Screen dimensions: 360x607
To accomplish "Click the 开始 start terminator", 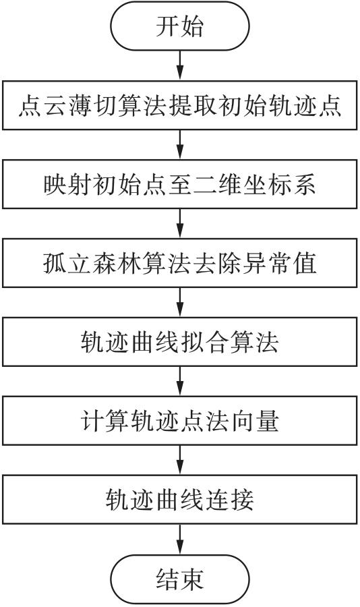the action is click(179, 26).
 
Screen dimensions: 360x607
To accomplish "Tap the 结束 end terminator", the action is click(179, 579).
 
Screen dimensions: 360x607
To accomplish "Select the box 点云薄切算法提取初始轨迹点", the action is click(179, 105).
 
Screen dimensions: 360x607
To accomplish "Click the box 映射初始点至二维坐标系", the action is click(179, 184).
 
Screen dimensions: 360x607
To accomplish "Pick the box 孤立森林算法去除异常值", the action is click(179, 263).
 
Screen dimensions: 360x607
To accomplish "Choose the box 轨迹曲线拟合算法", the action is click(179, 342).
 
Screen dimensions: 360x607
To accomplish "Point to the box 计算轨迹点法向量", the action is click(179, 421).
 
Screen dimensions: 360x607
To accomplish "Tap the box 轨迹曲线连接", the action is click(179, 500).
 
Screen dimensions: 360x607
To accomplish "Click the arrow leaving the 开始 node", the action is click(179, 66).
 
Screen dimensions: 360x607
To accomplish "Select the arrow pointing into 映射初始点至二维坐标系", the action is click(179, 145).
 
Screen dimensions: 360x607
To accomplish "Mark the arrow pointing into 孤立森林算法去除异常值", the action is click(179, 224).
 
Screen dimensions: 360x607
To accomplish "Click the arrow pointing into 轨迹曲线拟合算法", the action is click(179, 303).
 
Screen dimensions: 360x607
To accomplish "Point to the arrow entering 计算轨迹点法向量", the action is click(179, 381).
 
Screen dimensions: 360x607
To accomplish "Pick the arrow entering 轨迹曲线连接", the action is click(179, 460).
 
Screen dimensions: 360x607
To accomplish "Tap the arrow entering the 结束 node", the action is click(179, 540).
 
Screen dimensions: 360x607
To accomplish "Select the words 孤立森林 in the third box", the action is click(92, 263).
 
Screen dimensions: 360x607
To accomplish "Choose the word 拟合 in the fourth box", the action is click(204, 342).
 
